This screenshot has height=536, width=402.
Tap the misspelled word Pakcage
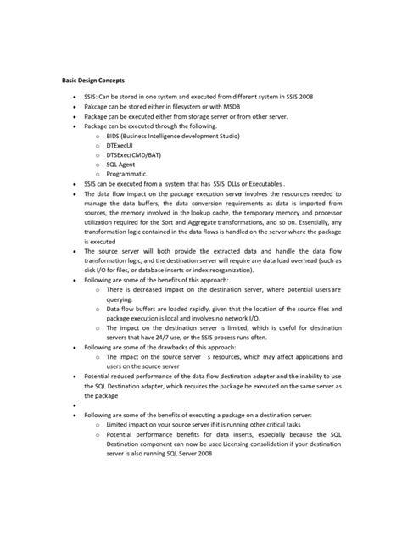pyautogui.click(x=99, y=109)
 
